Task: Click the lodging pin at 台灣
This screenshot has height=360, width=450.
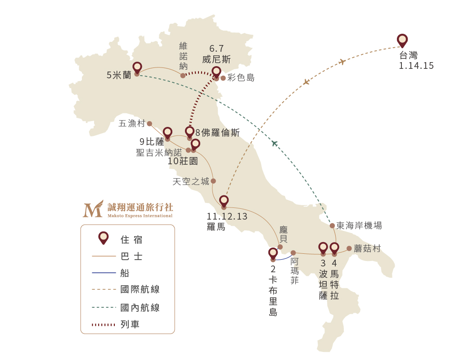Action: [402, 40]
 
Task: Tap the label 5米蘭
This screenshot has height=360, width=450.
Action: [119, 75]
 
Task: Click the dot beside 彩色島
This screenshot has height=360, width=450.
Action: [223, 78]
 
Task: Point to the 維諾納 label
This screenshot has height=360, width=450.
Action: [183, 56]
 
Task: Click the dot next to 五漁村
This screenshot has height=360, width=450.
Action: [149, 124]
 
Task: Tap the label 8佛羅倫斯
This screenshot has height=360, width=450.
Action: [217, 133]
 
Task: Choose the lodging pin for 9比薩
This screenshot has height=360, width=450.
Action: [167, 134]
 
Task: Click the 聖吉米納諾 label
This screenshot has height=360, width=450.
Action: [159, 153]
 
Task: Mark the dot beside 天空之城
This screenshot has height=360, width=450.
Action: [213, 181]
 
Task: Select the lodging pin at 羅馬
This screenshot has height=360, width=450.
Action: [224, 202]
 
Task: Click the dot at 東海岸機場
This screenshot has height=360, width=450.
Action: [332, 225]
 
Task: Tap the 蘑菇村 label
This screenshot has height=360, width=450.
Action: [367, 248]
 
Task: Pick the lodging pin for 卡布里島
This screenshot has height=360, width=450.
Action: [273, 254]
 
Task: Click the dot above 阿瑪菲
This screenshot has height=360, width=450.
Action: [293, 253]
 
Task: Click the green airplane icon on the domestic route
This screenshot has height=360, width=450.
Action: [274, 143]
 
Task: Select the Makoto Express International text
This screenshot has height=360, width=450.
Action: [140, 216]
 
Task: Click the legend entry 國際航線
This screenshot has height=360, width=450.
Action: [140, 289]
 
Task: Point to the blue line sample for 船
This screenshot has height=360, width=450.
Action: [103, 273]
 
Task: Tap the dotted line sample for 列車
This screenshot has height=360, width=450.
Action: [103, 325]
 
